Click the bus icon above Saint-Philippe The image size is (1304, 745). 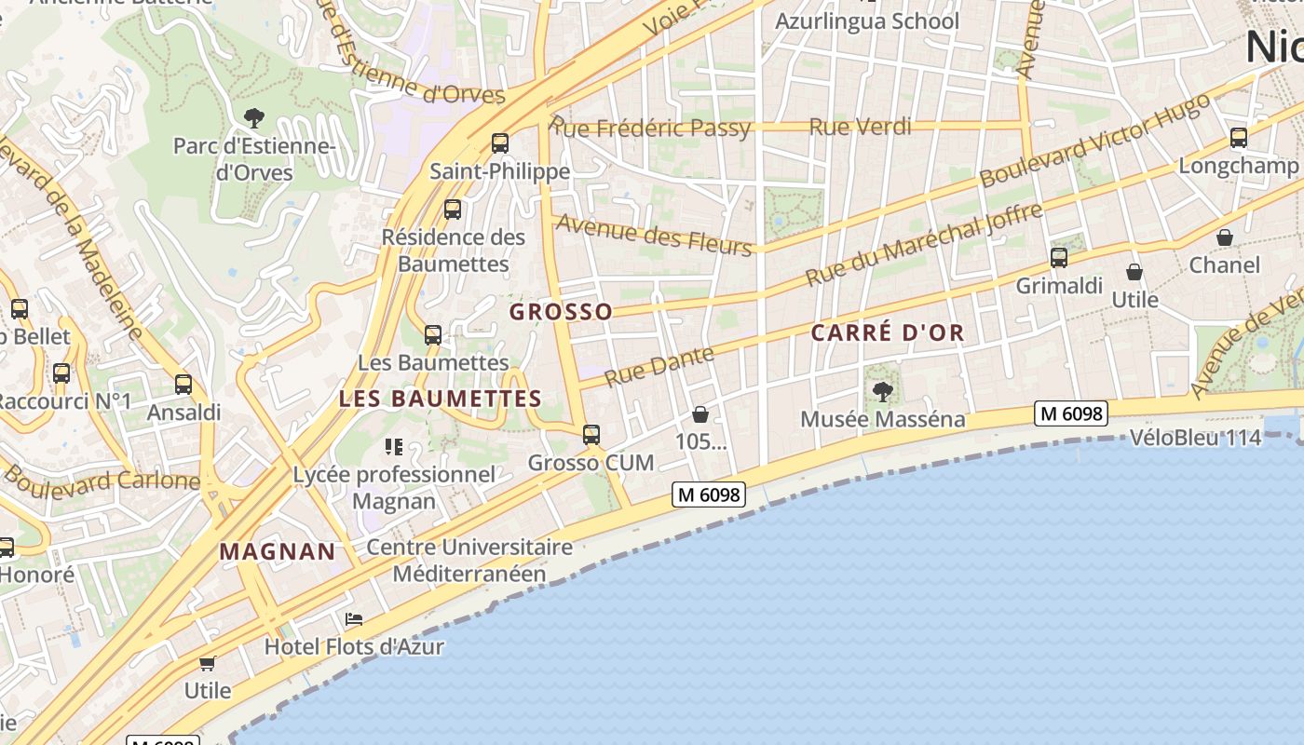click(500, 142)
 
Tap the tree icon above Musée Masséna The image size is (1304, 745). click(882, 392)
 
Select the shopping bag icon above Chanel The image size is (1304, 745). click(1225, 237)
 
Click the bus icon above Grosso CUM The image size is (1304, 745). click(591, 434)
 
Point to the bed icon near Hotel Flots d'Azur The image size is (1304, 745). click(354, 618)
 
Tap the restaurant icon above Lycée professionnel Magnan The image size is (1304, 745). click(393, 447)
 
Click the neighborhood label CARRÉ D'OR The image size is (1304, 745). click(887, 332)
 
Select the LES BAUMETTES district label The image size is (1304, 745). click(440, 399)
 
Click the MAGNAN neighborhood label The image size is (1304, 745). click(278, 551)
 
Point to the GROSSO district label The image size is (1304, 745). click(561, 312)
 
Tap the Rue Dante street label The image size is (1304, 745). click(659, 365)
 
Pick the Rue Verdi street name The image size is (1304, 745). click(860, 127)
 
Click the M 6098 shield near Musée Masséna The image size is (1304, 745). click(1070, 413)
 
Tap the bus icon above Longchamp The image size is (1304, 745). click(1238, 138)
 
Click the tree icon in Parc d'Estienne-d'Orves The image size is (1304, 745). click(253, 117)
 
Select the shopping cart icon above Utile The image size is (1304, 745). click(207, 663)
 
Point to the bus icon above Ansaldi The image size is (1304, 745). click(183, 384)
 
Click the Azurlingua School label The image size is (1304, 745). click(866, 20)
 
